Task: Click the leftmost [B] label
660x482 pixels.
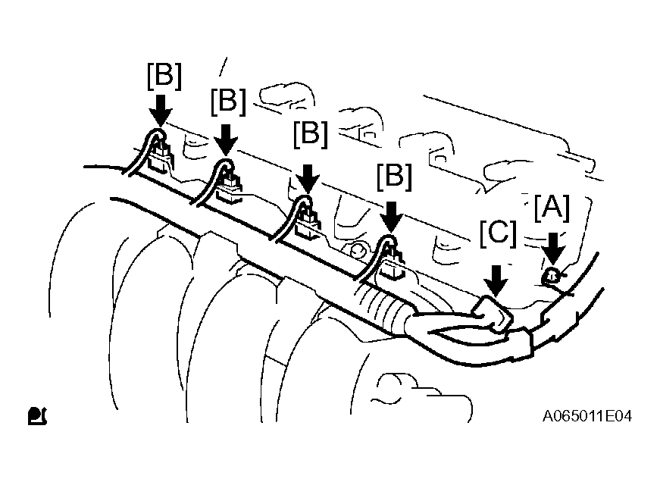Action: tap(164, 77)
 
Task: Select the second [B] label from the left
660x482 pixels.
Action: tap(228, 102)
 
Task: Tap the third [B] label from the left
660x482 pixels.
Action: tap(311, 135)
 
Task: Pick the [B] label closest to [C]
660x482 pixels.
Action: tap(394, 176)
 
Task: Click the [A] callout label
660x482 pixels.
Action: tap(552, 208)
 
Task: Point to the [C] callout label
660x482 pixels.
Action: tap(498, 233)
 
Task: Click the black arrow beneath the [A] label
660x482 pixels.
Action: tap(553, 249)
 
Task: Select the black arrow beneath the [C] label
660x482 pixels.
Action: tap(496, 280)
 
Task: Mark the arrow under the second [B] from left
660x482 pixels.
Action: tap(226, 139)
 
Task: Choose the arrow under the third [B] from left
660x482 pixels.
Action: tap(308, 179)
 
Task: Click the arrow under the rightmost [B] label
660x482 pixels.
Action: tap(391, 217)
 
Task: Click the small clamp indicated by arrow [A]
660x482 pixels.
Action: tap(552, 276)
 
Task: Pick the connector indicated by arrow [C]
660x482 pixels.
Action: tap(492, 314)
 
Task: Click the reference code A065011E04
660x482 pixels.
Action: tap(587, 416)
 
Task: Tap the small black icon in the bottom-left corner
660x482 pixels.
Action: tap(37, 416)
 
